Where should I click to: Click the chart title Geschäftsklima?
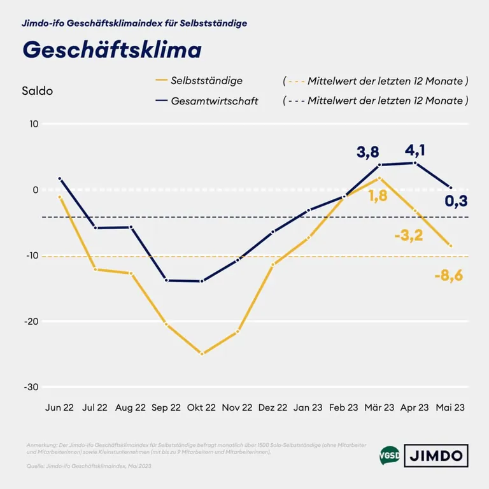click(112, 50)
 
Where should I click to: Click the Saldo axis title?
click(37, 91)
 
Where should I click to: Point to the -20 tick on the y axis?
click(30, 322)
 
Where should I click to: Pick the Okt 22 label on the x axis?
click(202, 408)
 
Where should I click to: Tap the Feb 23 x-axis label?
click(344, 408)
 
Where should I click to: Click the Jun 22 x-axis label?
click(59, 408)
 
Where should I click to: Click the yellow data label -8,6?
click(449, 277)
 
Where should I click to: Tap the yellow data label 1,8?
click(378, 196)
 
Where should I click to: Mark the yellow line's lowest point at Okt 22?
click(202, 353)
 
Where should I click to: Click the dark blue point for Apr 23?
click(415, 163)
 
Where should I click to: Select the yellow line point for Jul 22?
click(96, 269)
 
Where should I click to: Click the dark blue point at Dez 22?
click(273, 232)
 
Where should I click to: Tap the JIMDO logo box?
click(436, 456)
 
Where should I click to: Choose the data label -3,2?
click(409, 236)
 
